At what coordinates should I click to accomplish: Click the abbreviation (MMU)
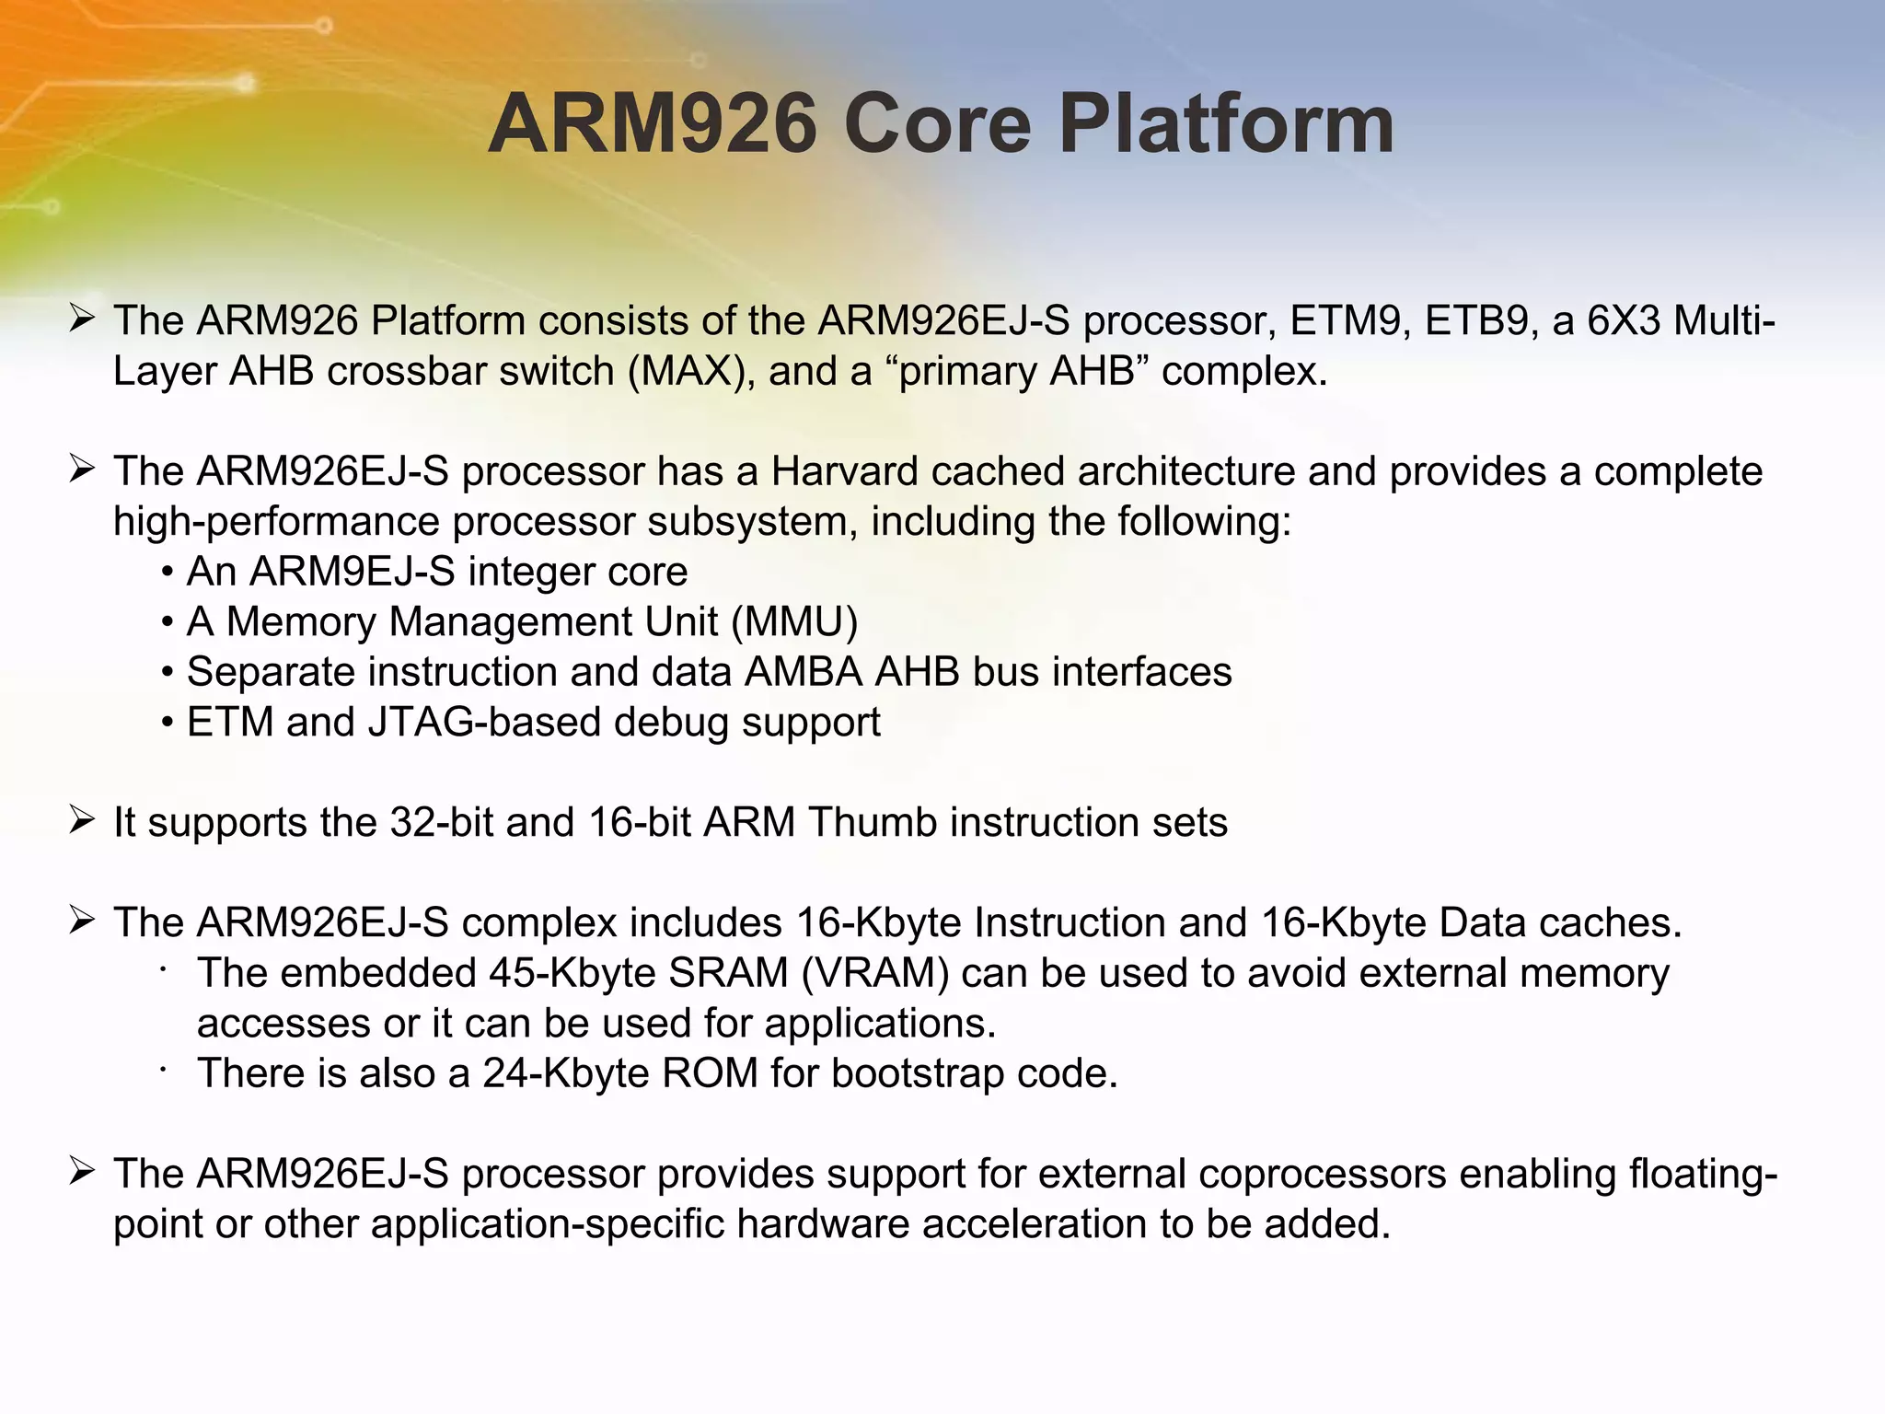tap(795, 622)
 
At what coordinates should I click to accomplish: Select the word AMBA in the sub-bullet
tap(803, 672)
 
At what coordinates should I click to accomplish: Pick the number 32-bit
tap(441, 823)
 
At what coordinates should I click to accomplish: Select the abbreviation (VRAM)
tap(874, 974)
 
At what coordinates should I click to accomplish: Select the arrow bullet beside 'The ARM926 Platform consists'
tap(82, 319)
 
